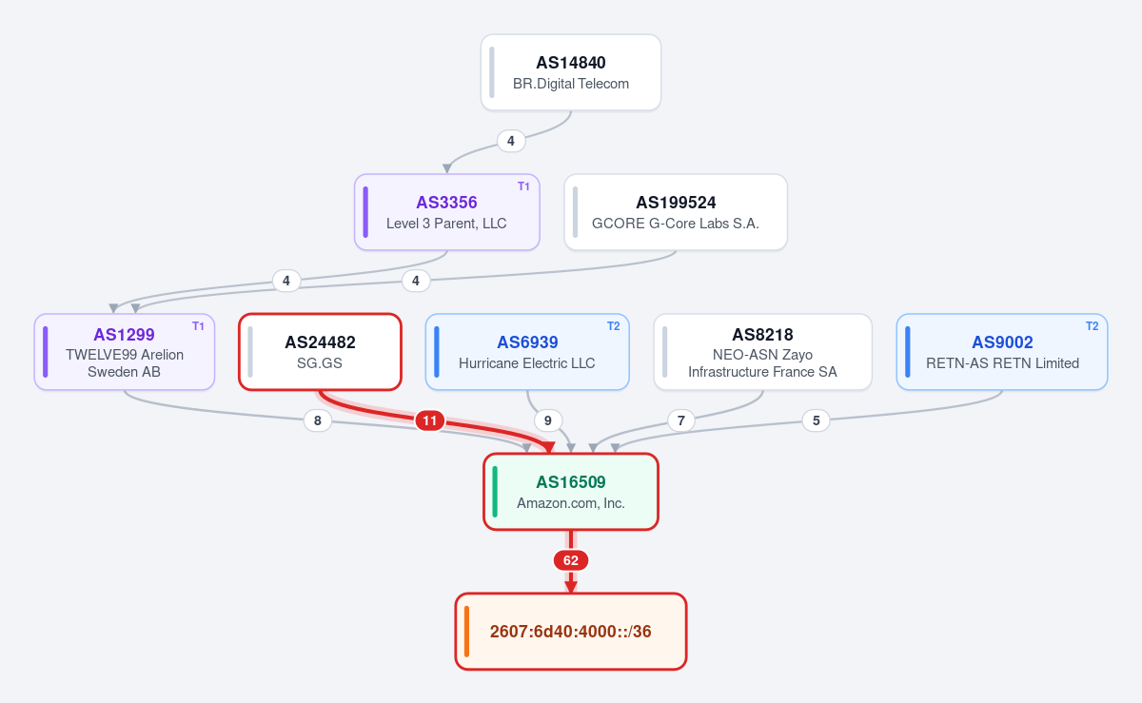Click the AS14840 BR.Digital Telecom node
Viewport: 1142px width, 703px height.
coord(570,72)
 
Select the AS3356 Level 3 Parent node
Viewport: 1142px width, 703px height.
coord(446,212)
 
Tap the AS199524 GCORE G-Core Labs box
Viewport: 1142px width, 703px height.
coord(676,212)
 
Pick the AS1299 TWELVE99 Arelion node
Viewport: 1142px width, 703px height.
coord(125,352)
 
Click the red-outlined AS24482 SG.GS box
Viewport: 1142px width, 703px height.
coord(320,352)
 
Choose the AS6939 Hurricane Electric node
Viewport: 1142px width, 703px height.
coord(527,352)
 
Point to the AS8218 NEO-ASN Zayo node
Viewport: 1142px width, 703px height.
coord(762,352)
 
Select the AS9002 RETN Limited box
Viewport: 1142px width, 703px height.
coord(1002,352)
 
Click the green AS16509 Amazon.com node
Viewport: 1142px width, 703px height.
coord(570,492)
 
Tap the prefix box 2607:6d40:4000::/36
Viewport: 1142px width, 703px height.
coord(570,631)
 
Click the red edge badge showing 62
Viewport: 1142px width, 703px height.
coord(570,560)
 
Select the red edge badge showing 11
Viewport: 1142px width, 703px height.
coord(430,421)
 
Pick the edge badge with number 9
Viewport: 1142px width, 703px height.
coord(548,420)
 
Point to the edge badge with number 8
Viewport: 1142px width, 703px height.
coord(318,420)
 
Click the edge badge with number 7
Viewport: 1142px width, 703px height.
coord(681,420)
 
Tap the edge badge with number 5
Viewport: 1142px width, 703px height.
coord(817,420)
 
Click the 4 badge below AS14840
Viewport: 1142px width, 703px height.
coord(511,141)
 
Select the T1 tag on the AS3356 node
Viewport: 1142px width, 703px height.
coord(523,186)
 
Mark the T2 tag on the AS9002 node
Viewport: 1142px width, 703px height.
coord(1093,326)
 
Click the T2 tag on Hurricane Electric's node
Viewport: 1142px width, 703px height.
coord(613,326)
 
